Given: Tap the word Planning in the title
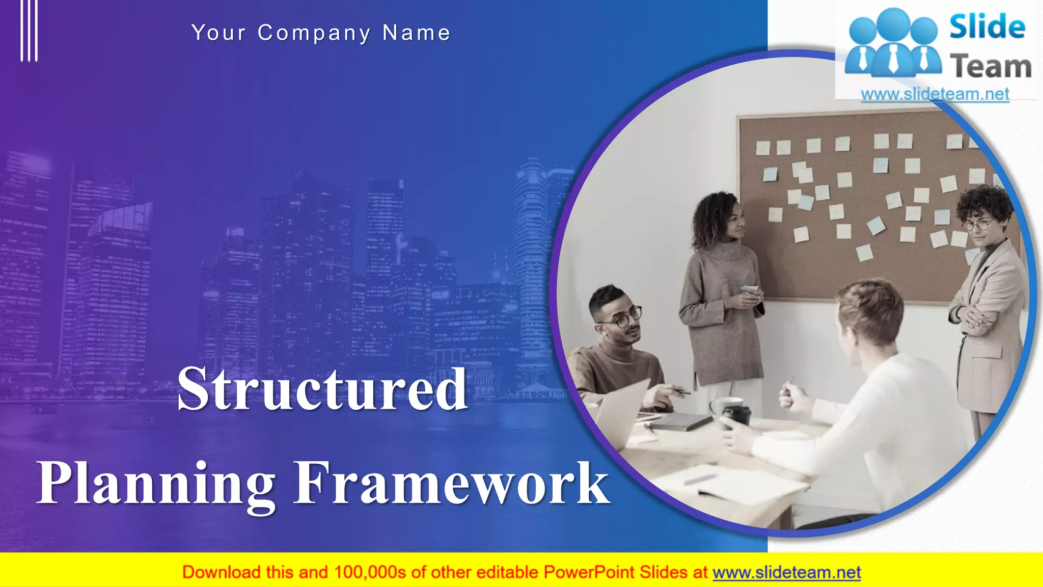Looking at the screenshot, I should pyautogui.click(x=156, y=483).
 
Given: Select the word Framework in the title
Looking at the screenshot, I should pyautogui.click(x=451, y=483).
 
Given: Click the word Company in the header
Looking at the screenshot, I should pyautogui.click(x=314, y=33).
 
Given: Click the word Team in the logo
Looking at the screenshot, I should pyautogui.click(x=991, y=67).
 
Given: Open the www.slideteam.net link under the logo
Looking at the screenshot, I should pyautogui.click(x=935, y=94).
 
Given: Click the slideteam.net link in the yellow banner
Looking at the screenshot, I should pyautogui.click(x=786, y=573).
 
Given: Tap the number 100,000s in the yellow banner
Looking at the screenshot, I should pyautogui.click(x=370, y=573).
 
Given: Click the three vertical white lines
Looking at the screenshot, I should pyautogui.click(x=29, y=31).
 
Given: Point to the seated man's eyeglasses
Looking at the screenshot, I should pyautogui.click(x=623, y=318).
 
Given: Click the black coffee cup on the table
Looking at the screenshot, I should pyautogui.click(x=736, y=416).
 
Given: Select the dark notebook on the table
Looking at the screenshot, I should pyautogui.click(x=680, y=421).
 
